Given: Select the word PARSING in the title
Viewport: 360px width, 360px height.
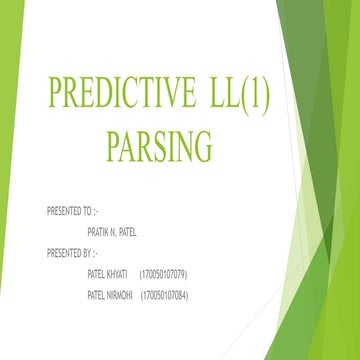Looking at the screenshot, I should point(159,146).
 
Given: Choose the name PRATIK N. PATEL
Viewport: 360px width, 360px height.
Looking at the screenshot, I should point(112,232).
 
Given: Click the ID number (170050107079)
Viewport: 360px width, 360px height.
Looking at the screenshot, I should point(163,273).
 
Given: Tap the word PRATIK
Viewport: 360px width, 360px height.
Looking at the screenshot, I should point(98,232).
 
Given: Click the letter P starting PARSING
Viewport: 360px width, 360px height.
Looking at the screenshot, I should point(112,146).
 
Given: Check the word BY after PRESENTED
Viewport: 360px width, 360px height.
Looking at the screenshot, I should point(87,251).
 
